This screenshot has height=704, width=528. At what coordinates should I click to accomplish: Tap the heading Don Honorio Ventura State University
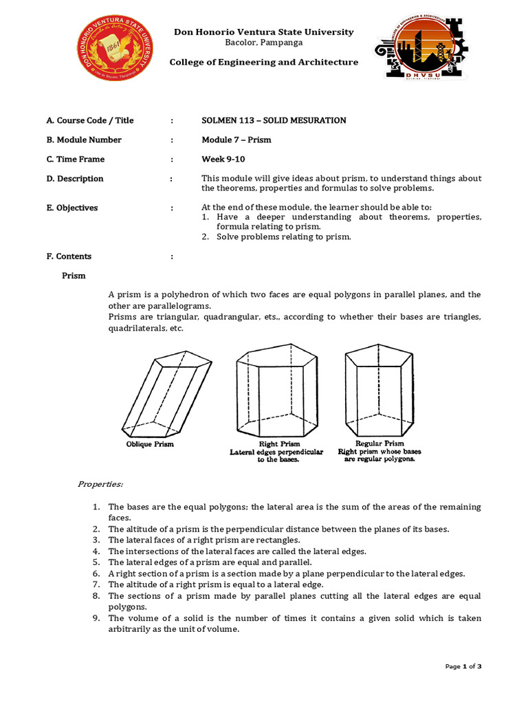(264, 32)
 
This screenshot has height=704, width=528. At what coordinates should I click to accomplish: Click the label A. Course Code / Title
(90, 120)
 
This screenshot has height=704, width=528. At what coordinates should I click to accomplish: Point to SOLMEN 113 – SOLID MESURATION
(274, 120)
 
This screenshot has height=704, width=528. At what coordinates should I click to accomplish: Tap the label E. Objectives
(72, 208)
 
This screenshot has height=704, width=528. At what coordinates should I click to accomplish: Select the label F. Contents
(69, 256)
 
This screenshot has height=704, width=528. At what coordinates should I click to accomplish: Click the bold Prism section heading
(74, 276)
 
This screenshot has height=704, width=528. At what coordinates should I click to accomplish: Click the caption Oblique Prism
(150, 444)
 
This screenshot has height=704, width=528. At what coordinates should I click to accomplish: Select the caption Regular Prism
(379, 443)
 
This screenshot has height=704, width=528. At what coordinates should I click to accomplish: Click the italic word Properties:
(100, 485)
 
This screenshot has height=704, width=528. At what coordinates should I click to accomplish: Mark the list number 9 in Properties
(97, 619)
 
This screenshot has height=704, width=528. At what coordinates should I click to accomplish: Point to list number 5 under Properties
(97, 562)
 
